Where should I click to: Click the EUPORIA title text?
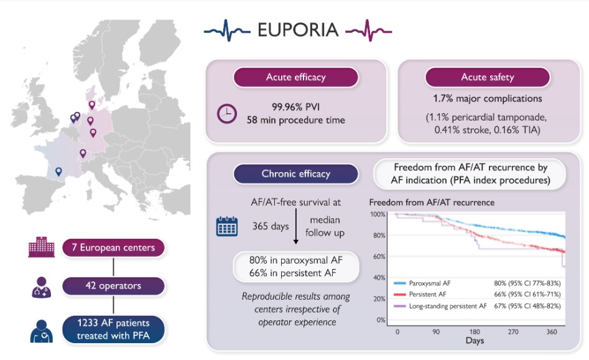pyautogui.click(x=298, y=30)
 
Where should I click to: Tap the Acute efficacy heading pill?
pyautogui.click(x=295, y=77)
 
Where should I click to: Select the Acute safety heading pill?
pyautogui.click(x=487, y=77)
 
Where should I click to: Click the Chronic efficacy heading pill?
pyautogui.click(x=295, y=173)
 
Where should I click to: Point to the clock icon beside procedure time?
pyautogui.click(x=226, y=113)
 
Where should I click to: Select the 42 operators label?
pyautogui.click(x=113, y=286)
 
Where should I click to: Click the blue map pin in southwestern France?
pyautogui.click(x=58, y=172)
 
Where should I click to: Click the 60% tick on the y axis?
pyautogui.click(x=378, y=257)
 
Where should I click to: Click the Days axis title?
pyautogui.click(x=475, y=341)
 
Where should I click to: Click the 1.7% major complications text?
pyautogui.click(x=487, y=98)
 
